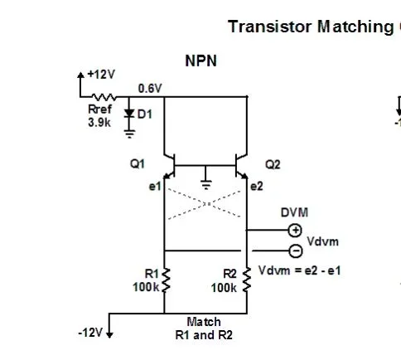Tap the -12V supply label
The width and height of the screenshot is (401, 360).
[89, 332]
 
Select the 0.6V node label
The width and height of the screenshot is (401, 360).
[151, 87]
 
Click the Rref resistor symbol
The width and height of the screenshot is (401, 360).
[107, 97]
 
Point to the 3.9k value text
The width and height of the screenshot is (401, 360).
[99, 123]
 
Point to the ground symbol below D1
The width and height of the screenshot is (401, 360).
[129, 130]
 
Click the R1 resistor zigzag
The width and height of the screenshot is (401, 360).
[166, 280]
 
